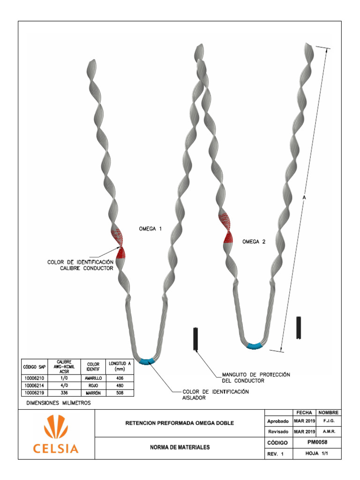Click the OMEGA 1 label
(150, 229)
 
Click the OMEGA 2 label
(254, 242)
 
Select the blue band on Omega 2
(255, 346)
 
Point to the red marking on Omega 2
(227, 228)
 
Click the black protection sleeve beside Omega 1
(196, 338)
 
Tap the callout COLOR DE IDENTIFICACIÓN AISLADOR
(215, 394)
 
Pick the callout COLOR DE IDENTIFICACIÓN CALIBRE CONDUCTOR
(80, 265)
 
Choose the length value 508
(120, 392)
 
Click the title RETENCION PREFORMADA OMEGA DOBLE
(180, 423)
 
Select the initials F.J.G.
(329, 421)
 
